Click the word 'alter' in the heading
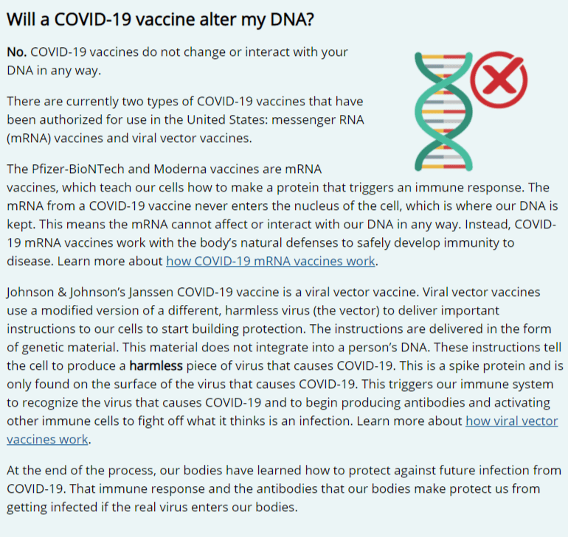(x=217, y=19)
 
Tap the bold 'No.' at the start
(x=17, y=52)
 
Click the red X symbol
(x=499, y=80)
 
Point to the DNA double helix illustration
(x=443, y=111)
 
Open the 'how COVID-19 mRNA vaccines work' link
(x=271, y=261)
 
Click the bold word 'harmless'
(x=156, y=365)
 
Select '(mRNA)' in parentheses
(x=29, y=138)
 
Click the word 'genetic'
(x=43, y=348)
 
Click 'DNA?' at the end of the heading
(x=292, y=19)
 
